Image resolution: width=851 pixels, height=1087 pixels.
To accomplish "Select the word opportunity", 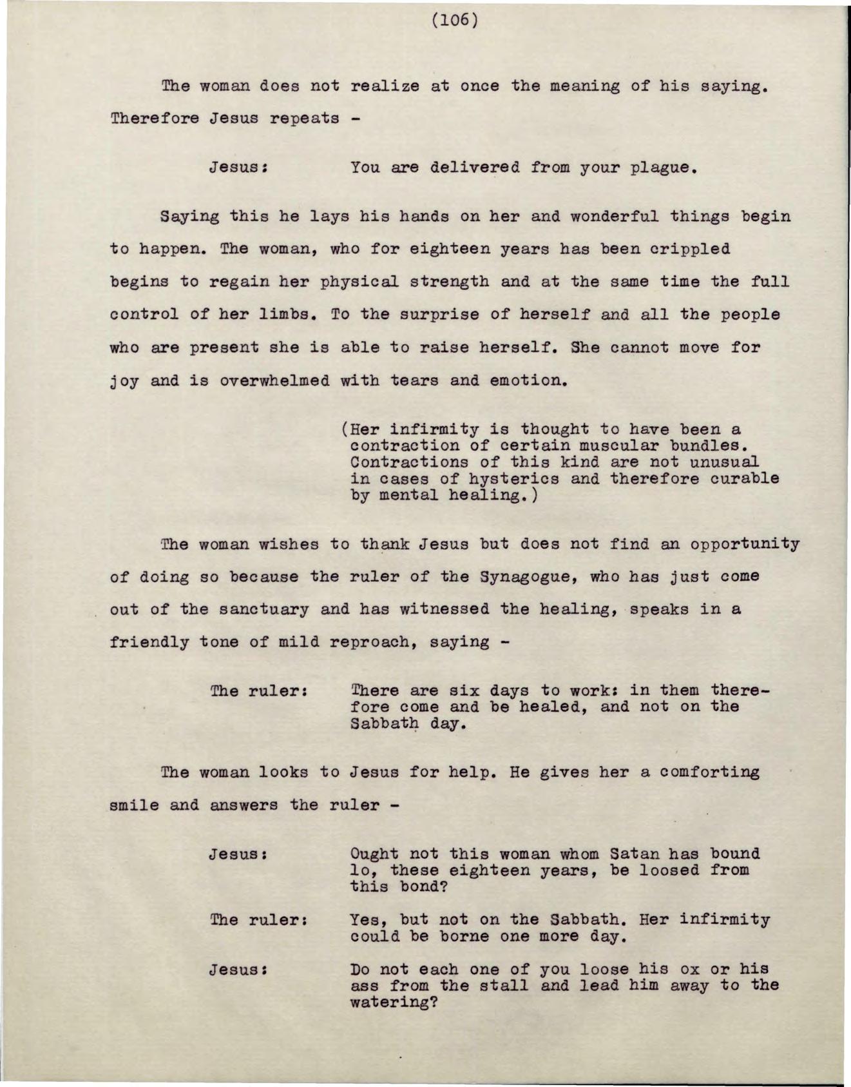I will click(x=745, y=544).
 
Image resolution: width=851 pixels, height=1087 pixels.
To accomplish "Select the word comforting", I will click(x=710, y=772).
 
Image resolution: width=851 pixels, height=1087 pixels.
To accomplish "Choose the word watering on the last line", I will click(x=389, y=1003).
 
